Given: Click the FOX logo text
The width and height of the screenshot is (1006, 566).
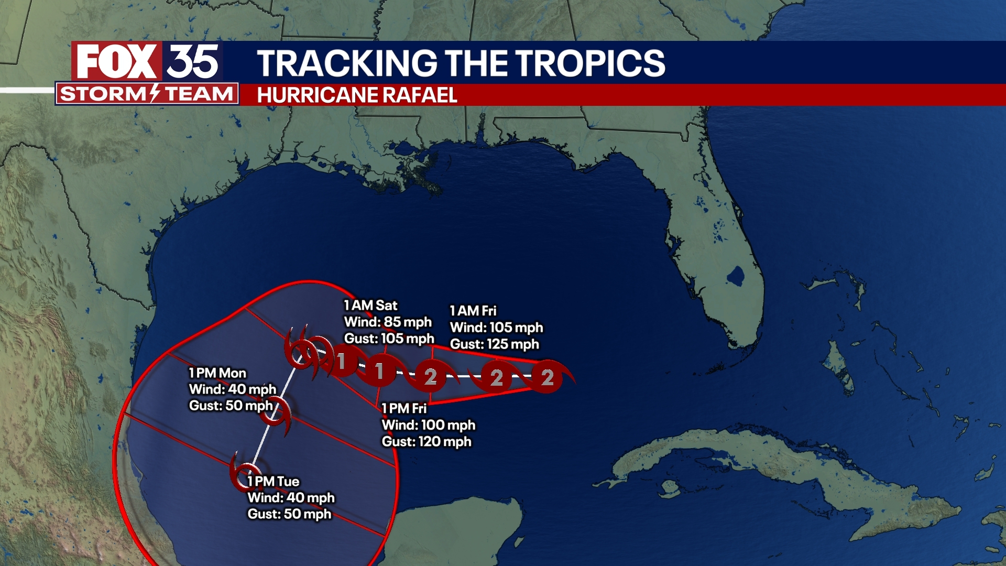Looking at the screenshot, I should pyautogui.click(x=116, y=61).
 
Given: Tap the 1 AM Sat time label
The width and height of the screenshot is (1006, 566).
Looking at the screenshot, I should pyautogui.click(x=370, y=306).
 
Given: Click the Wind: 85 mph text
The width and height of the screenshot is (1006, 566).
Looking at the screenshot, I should pyautogui.click(x=388, y=322).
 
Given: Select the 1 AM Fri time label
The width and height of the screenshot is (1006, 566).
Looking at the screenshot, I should pyautogui.click(x=473, y=311).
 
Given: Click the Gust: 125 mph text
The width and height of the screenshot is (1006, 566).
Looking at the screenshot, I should pyautogui.click(x=494, y=344).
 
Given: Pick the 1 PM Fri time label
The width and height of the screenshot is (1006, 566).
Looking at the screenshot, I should pyautogui.click(x=404, y=408).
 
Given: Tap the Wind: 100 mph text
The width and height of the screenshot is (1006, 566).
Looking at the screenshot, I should pyautogui.click(x=428, y=425).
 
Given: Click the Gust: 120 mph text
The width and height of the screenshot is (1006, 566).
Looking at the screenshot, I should pyautogui.click(x=426, y=442).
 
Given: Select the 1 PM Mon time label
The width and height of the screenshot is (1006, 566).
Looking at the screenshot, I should pyautogui.click(x=217, y=373).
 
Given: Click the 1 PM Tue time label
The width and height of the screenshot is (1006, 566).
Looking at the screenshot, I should pyautogui.click(x=273, y=481).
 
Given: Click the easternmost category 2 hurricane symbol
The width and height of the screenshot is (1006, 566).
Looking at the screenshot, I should pyautogui.click(x=548, y=377).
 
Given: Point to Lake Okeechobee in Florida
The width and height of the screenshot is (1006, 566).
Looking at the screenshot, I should pyautogui.click(x=735, y=276).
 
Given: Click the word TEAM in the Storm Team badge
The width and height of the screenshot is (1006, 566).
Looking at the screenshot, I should pyautogui.click(x=199, y=94).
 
